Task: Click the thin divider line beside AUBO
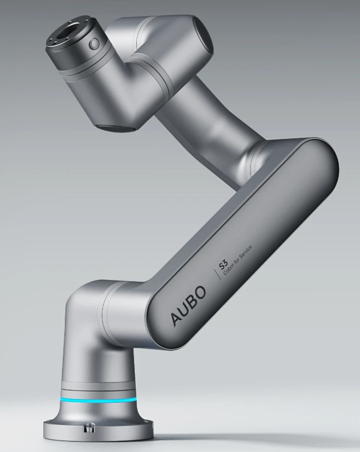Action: coord(216,274)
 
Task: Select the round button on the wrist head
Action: coord(94,44)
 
